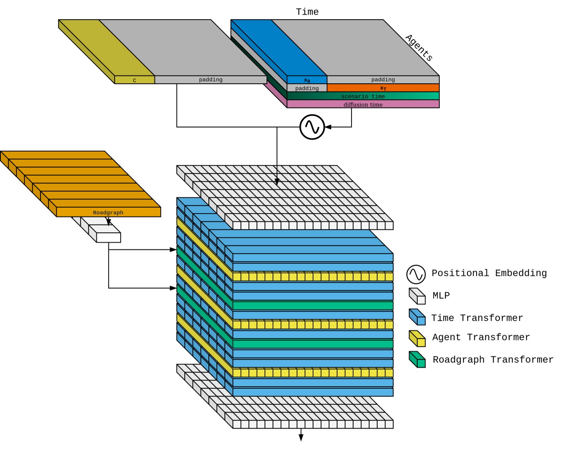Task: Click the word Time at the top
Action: coord(307,12)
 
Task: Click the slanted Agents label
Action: coord(419,48)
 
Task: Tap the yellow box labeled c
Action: coord(134,80)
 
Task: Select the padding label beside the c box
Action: coord(210,80)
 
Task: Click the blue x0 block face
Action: coord(307,80)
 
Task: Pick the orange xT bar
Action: coord(383,88)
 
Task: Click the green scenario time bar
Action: coord(363,96)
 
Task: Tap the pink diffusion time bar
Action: coord(363,105)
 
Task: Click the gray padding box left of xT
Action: coord(307,88)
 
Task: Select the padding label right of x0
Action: coord(383,80)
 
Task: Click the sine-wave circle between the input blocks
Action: coord(312,127)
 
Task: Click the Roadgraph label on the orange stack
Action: coord(108,212)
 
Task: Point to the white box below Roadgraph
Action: coord(108,237)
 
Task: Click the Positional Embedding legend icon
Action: coord(416,274)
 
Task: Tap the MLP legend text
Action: coord(441,295)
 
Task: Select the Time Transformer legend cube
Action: coord(417,317)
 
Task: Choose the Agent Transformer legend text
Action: coord(481,337)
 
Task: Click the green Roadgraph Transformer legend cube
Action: coord(417,360)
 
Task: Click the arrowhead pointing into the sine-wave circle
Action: coord(328,127)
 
